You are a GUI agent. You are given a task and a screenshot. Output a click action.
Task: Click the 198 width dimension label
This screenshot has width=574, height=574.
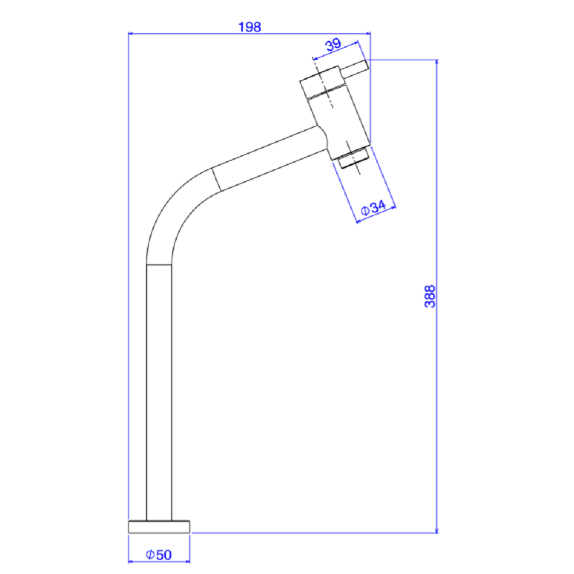pos(250,27)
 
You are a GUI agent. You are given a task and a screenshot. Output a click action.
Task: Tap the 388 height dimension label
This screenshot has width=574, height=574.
pos(430,296)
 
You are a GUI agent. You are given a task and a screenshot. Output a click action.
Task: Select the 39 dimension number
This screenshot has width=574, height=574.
pos(333,45)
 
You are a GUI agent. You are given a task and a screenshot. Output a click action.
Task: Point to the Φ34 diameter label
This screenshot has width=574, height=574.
pos(373,208)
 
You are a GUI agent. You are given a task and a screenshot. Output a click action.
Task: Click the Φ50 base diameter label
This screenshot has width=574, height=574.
pos(158,555)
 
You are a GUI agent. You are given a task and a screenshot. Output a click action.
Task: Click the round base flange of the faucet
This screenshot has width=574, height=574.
pos(159,527)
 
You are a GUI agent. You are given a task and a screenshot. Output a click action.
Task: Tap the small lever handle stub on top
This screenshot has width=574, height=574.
pos(354,68)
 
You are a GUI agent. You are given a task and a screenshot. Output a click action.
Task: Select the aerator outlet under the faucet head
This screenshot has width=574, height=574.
pos(354,158)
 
